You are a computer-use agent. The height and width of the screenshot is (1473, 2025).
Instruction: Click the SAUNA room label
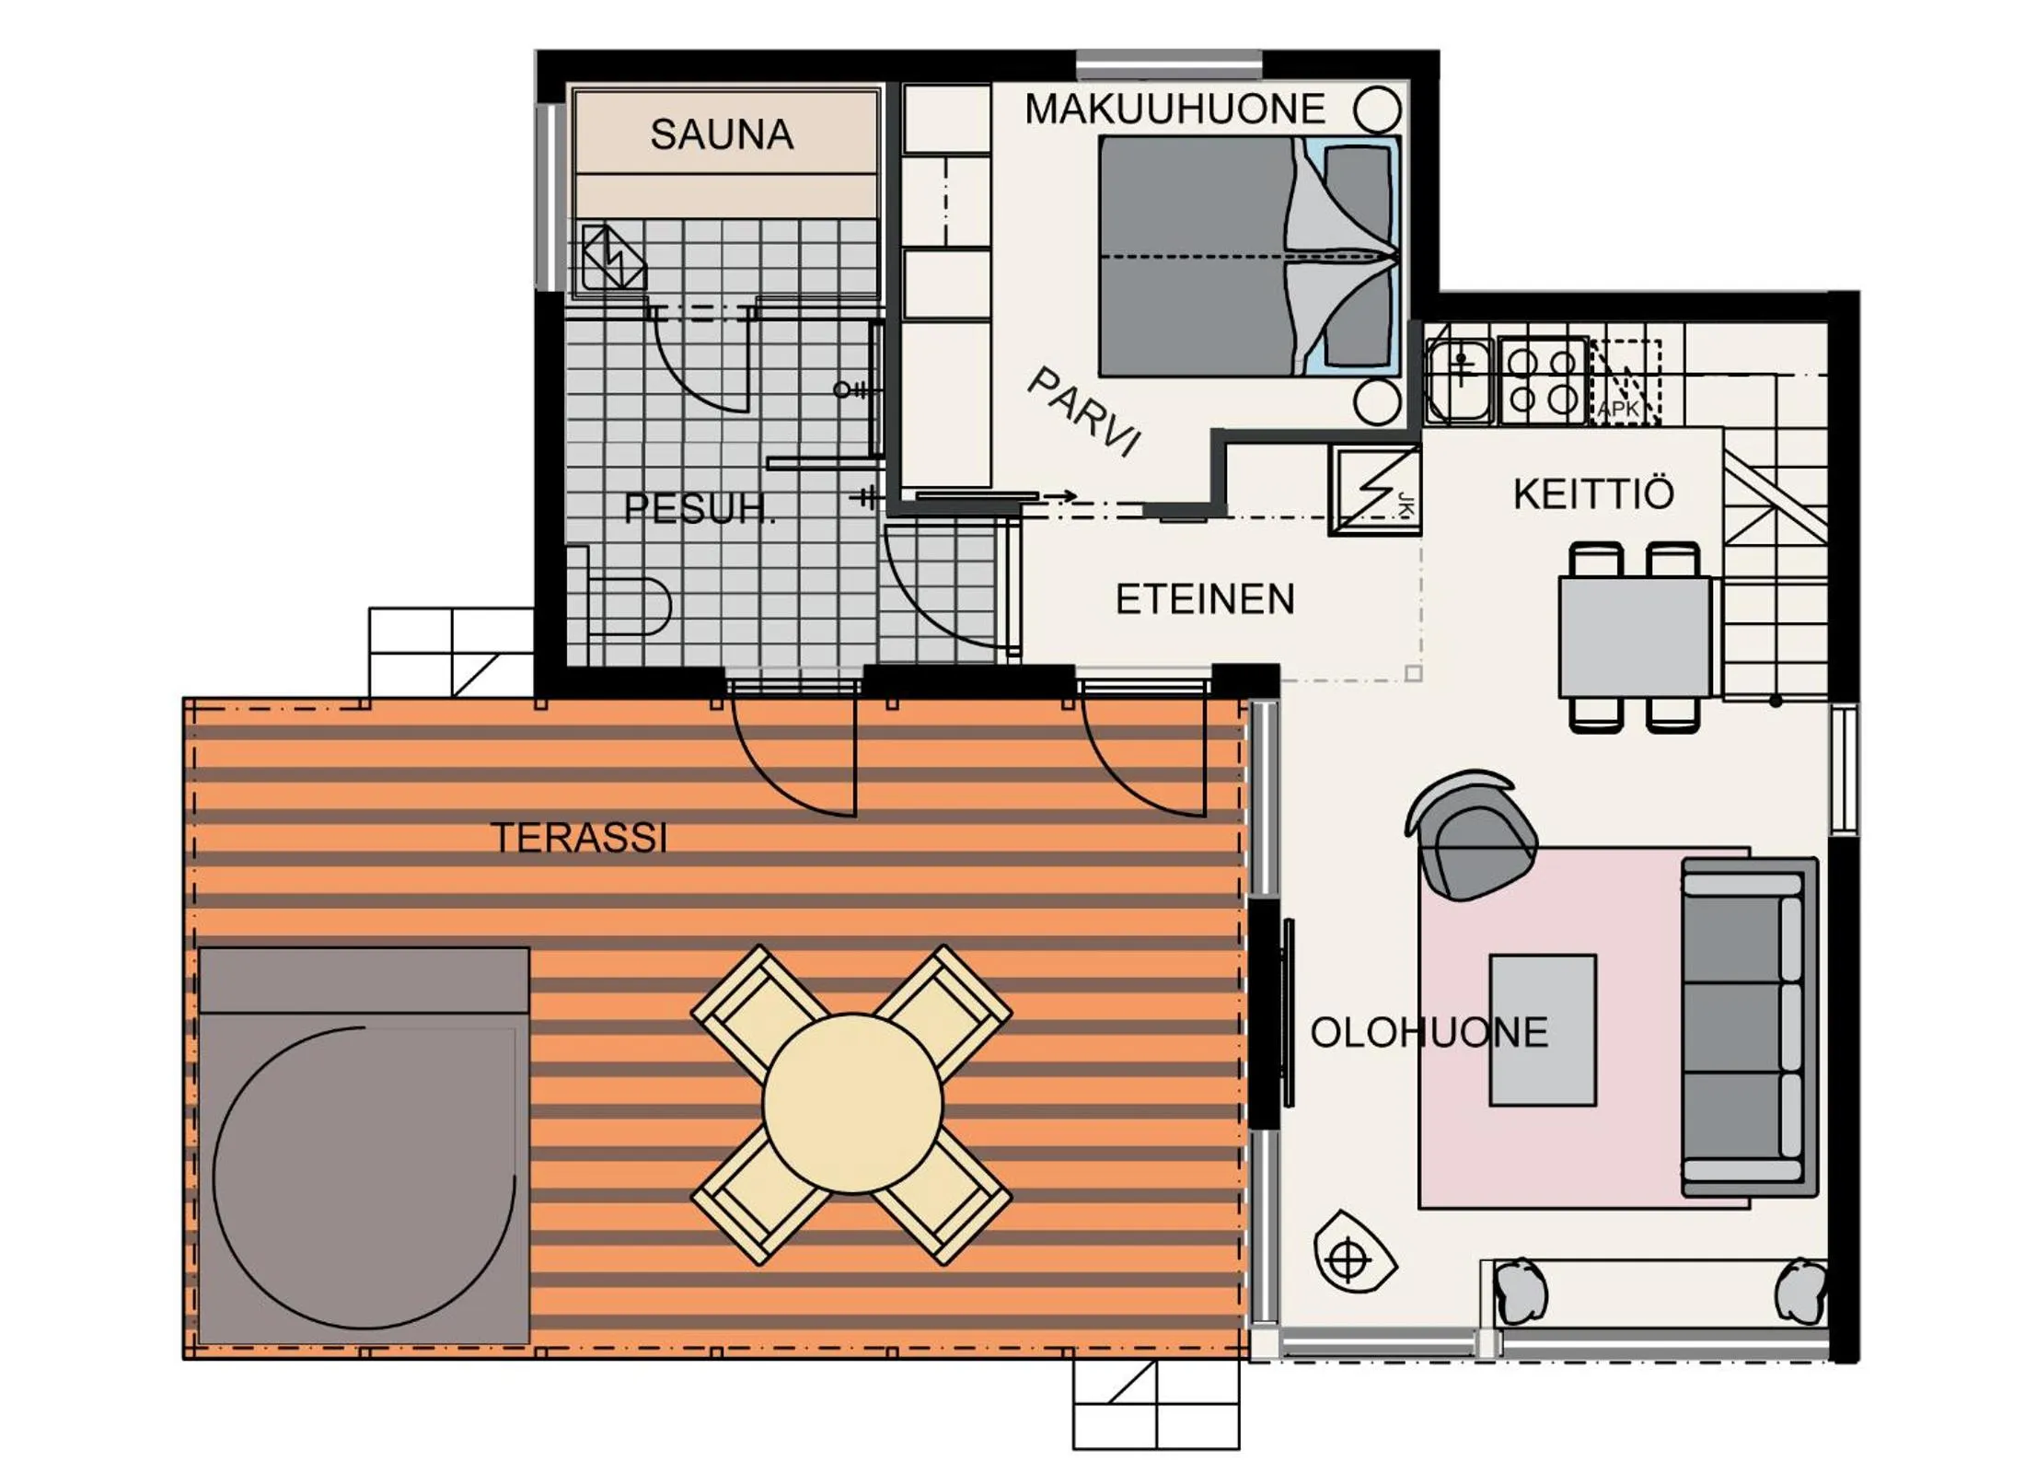[x=721, y=134]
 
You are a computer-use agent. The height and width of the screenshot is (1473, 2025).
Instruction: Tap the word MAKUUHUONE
[x=1174, y=110]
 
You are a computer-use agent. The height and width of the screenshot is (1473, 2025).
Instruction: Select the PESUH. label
[x=699, y=508]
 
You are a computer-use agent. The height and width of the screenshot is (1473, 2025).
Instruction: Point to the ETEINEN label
[x=1204, y=599]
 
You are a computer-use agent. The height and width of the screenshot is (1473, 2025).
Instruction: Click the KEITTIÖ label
[x=1592, y=494]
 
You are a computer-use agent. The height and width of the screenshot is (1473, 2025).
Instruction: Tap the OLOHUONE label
[x=1428, y=1033]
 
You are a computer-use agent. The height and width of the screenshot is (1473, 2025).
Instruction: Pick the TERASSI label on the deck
[x=579, y=838]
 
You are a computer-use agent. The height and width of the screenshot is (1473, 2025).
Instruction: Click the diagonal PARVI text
[x=1084, y=412]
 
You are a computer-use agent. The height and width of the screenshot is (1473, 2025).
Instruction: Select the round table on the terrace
[x=852, y=1104]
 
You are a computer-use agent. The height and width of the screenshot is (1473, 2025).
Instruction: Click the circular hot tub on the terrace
[x=364, y=1177]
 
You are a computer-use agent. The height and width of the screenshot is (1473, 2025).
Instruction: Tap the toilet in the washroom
[x=631, y=606]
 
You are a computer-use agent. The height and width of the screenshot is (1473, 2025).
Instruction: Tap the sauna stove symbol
[x=612, y=259]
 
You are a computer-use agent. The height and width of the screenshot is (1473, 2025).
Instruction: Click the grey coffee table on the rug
[x=1542, y=1029]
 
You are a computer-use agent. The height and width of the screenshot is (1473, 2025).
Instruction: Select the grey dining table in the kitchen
[x=1634, y=636]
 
